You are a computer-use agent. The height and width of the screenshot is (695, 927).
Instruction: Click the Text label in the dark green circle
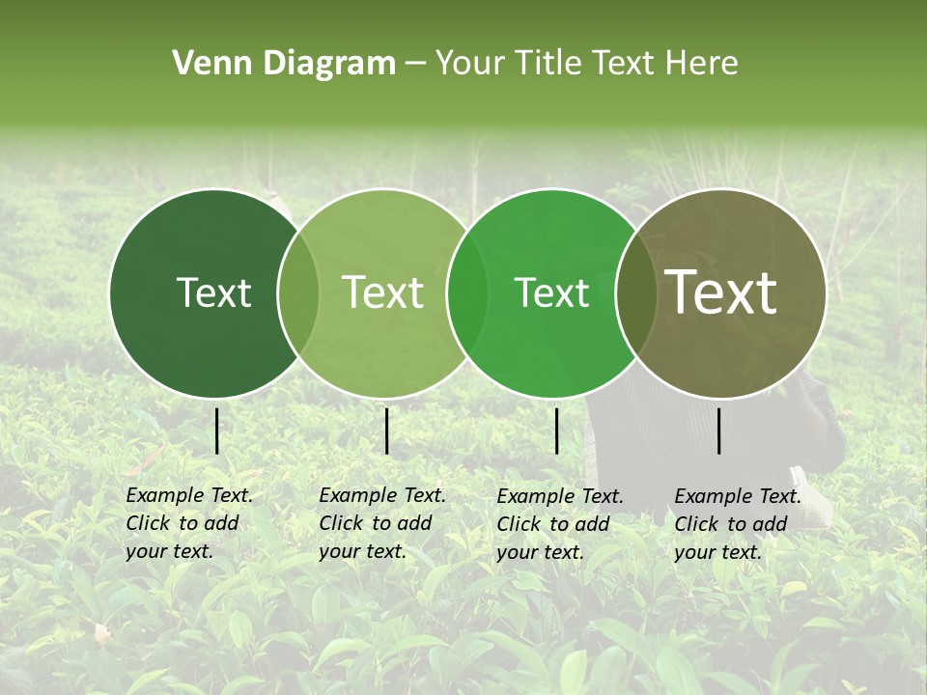pyautogui.click(x=213, y=292)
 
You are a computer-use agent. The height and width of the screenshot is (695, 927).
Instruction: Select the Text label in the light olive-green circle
pyautogui.click(x=383, y=292)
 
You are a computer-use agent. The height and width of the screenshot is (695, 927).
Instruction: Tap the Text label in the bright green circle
pyautogui.click(x=552, y=292)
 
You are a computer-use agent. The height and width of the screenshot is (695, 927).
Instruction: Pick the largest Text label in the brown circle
pyautogui.click(x=721, y=292)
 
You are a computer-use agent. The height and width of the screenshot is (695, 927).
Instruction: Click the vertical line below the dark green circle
pyautogui.click(x=216, y=431)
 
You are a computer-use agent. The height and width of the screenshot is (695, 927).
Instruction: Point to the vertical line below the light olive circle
pyautogui.click(x=386, y=431)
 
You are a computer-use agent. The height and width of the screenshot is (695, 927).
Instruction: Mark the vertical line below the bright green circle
pyautogui.click(x=556, y=431)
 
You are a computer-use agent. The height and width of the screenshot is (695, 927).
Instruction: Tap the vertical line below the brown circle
pyautogui.click(x=719, y=431)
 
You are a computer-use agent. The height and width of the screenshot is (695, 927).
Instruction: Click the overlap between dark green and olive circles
pyautogui.click(x=298, y=292)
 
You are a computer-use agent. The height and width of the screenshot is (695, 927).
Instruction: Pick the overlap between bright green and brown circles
pyautogui.click(x=635, y=292)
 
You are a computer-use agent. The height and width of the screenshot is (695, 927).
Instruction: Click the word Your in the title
pyautogui.click(x=469, y=64)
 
